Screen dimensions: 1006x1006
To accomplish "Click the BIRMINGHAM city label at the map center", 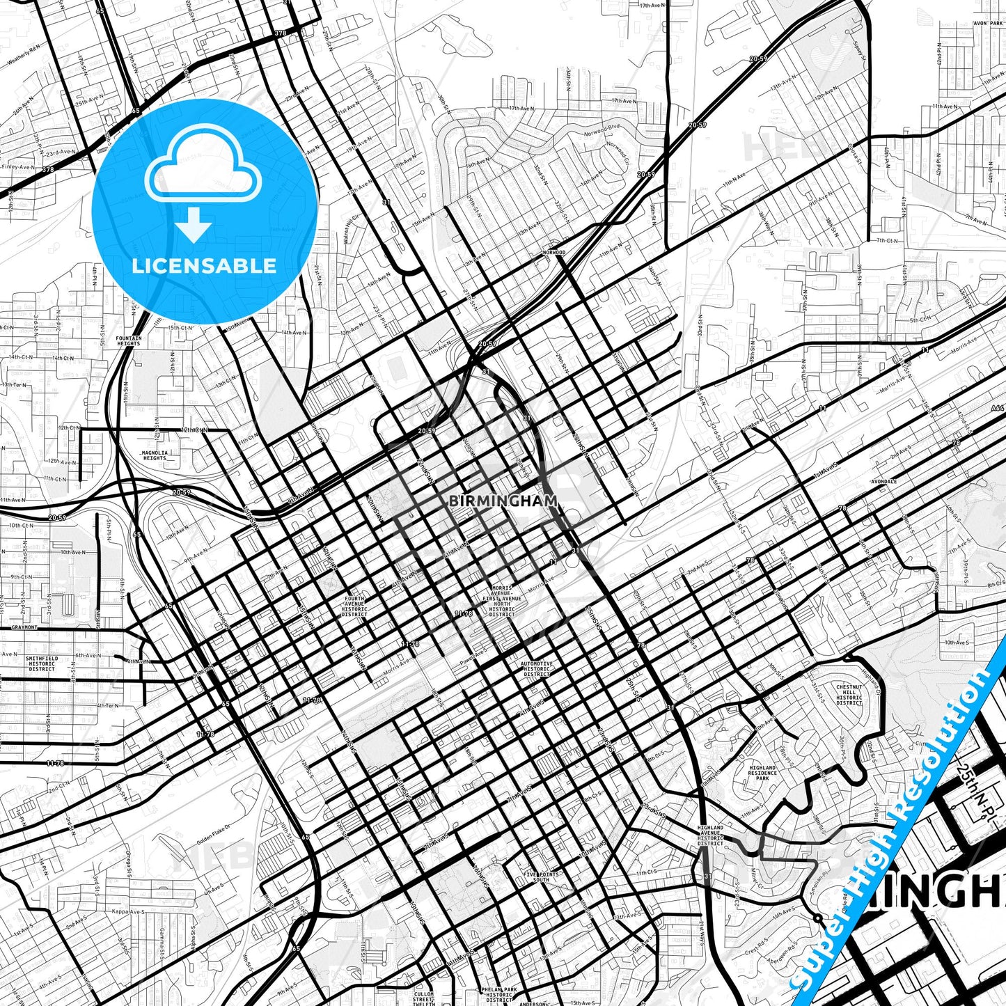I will coord(503,500).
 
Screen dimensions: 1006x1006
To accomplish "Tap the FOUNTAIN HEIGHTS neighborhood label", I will coord(129,341).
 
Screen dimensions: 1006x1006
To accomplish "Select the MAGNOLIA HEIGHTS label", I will coord(155,455).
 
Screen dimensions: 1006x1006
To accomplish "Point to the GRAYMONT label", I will coord(24,627).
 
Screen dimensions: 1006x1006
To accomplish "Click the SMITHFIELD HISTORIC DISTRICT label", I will coord(42,663).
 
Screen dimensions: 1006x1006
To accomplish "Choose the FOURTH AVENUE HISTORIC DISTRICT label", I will coord(354,606).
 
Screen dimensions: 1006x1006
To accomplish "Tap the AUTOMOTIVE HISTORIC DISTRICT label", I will coord(537,668).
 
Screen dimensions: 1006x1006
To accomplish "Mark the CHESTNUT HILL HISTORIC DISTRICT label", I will coord(849,694).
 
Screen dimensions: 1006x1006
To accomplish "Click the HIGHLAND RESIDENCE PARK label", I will coord(762,773).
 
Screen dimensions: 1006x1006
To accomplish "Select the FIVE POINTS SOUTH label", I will coord(541,877).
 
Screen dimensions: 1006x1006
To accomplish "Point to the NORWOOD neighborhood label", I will coord(555,252).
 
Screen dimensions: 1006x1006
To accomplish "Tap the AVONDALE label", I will coord(883,482).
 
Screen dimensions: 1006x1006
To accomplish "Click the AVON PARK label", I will coord(986,22).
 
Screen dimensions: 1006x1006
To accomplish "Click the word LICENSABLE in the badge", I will coord(203,266).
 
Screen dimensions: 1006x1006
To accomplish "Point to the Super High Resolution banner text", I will coord(898,828).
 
